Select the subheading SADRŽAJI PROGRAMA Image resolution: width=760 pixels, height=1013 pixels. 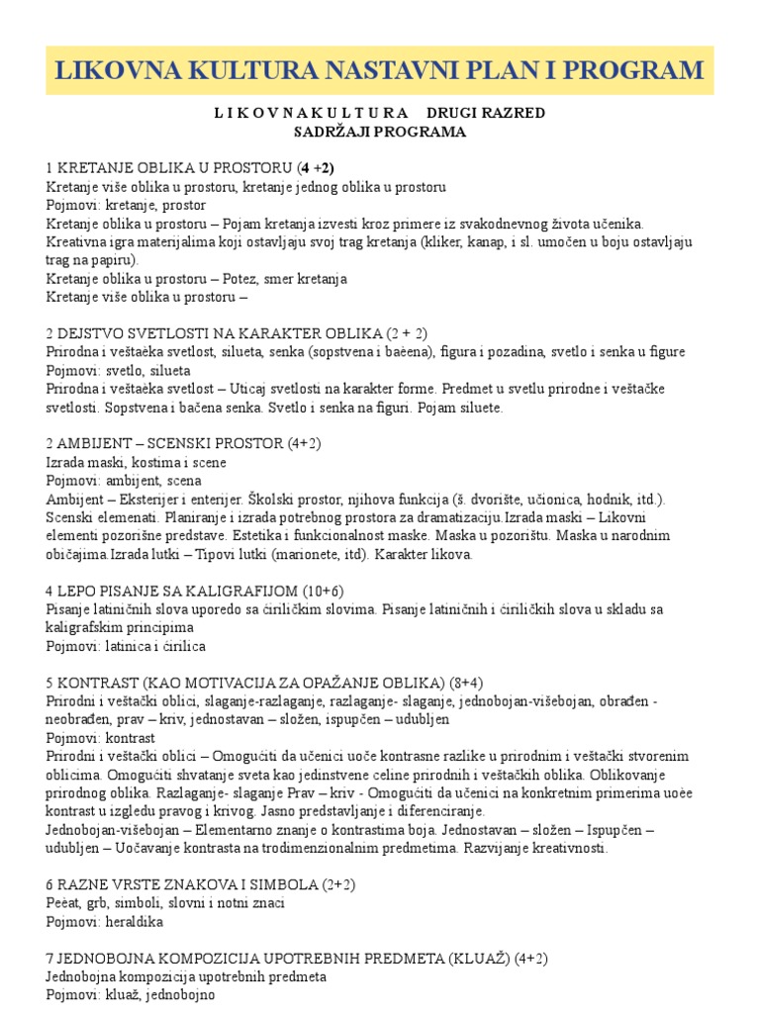tap(380, 132)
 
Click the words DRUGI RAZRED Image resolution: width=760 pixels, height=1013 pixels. tap(485, 113)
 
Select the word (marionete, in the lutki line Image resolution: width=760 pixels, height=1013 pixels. tap(273, 554)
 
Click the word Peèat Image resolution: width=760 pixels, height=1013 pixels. tap(65, 902)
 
